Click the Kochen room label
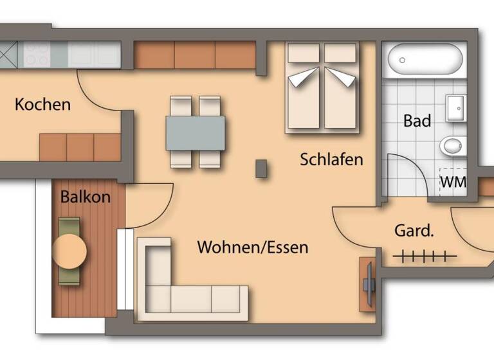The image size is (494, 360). pos(42,104)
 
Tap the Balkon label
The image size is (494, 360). pos(85,197)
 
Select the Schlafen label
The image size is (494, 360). pos(331,159)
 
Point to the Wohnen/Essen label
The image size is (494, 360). pos(252,247)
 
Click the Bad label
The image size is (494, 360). pos(417,120)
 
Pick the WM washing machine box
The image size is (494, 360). pos(453,182)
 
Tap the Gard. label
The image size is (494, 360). pos(414,231)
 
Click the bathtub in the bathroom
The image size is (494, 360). pos(425,60)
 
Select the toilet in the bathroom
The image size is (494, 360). pos(453,147)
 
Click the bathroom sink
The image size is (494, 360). pos(455,108)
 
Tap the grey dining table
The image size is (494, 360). pos(196,132)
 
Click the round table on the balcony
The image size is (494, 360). pos(69,251)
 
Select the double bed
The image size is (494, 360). pos(322,87)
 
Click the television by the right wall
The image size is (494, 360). pos(369,283)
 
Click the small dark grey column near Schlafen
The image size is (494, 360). pos(261,168)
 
